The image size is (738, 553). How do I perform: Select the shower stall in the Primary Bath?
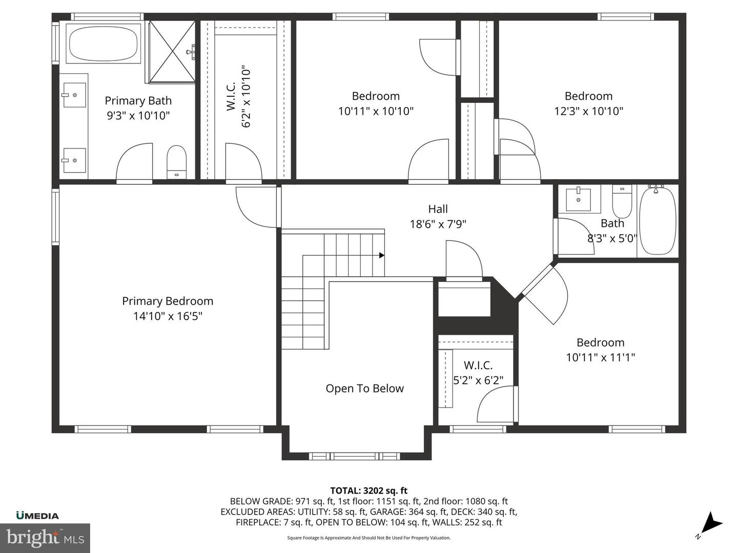click(172, 51)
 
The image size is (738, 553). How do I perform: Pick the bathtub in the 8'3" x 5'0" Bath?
click(658, 221)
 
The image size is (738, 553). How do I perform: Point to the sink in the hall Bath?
click(583, 199)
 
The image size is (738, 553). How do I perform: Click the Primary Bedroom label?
click(168, 301)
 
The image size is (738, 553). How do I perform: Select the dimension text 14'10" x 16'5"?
click(168, 316)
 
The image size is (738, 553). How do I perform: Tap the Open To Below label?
click(364, 389)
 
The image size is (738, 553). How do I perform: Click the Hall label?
click(438, 209)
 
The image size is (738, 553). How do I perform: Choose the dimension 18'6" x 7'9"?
click(438, 224)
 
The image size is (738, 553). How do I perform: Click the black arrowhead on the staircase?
click(381, 255)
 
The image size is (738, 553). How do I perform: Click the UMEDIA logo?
click(37, 516)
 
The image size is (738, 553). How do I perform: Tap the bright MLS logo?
click(45, 538)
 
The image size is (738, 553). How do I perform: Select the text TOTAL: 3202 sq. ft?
click(368, 491)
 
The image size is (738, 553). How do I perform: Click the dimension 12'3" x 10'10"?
click(588, 111)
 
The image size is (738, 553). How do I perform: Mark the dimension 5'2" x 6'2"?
click(478, 380)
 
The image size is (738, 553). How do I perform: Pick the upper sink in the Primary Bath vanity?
click(74, 95)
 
